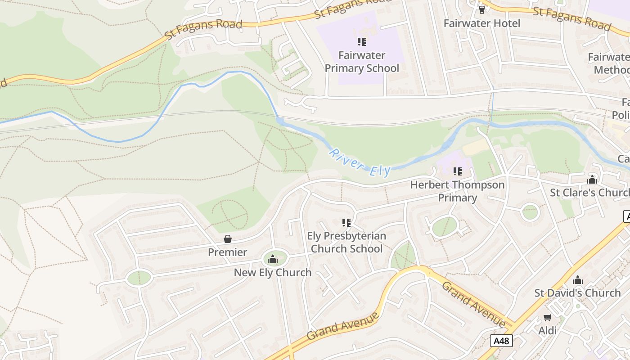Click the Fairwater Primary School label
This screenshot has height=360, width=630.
pos(362,62)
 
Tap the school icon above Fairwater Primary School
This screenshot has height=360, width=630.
pos(362,42)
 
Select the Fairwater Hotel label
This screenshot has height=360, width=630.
pos(482,23)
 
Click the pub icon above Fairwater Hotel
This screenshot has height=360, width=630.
pos(482,9)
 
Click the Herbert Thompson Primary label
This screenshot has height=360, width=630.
pos(458,191)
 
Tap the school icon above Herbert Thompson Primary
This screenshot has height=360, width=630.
pos(458,171)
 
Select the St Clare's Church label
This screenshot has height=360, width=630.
pos(589,193)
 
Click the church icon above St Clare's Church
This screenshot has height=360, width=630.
pos(592,180)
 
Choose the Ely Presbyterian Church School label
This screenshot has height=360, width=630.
pos(346,243)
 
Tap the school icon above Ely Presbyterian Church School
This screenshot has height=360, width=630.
pos(346,222)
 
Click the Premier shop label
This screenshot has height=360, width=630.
pos(227,252)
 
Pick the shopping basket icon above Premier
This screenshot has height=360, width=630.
pos(228,238)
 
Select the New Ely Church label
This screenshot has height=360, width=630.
pos(273,272)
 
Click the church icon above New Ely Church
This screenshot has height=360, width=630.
pos(272,259)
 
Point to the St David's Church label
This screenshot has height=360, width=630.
pos(577,293)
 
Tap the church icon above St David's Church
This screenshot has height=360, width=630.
pos(578,280)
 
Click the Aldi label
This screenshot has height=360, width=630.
pos(548,331)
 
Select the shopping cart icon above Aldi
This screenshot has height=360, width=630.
pos(548,317)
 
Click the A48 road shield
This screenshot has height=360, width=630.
pos(501,341)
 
